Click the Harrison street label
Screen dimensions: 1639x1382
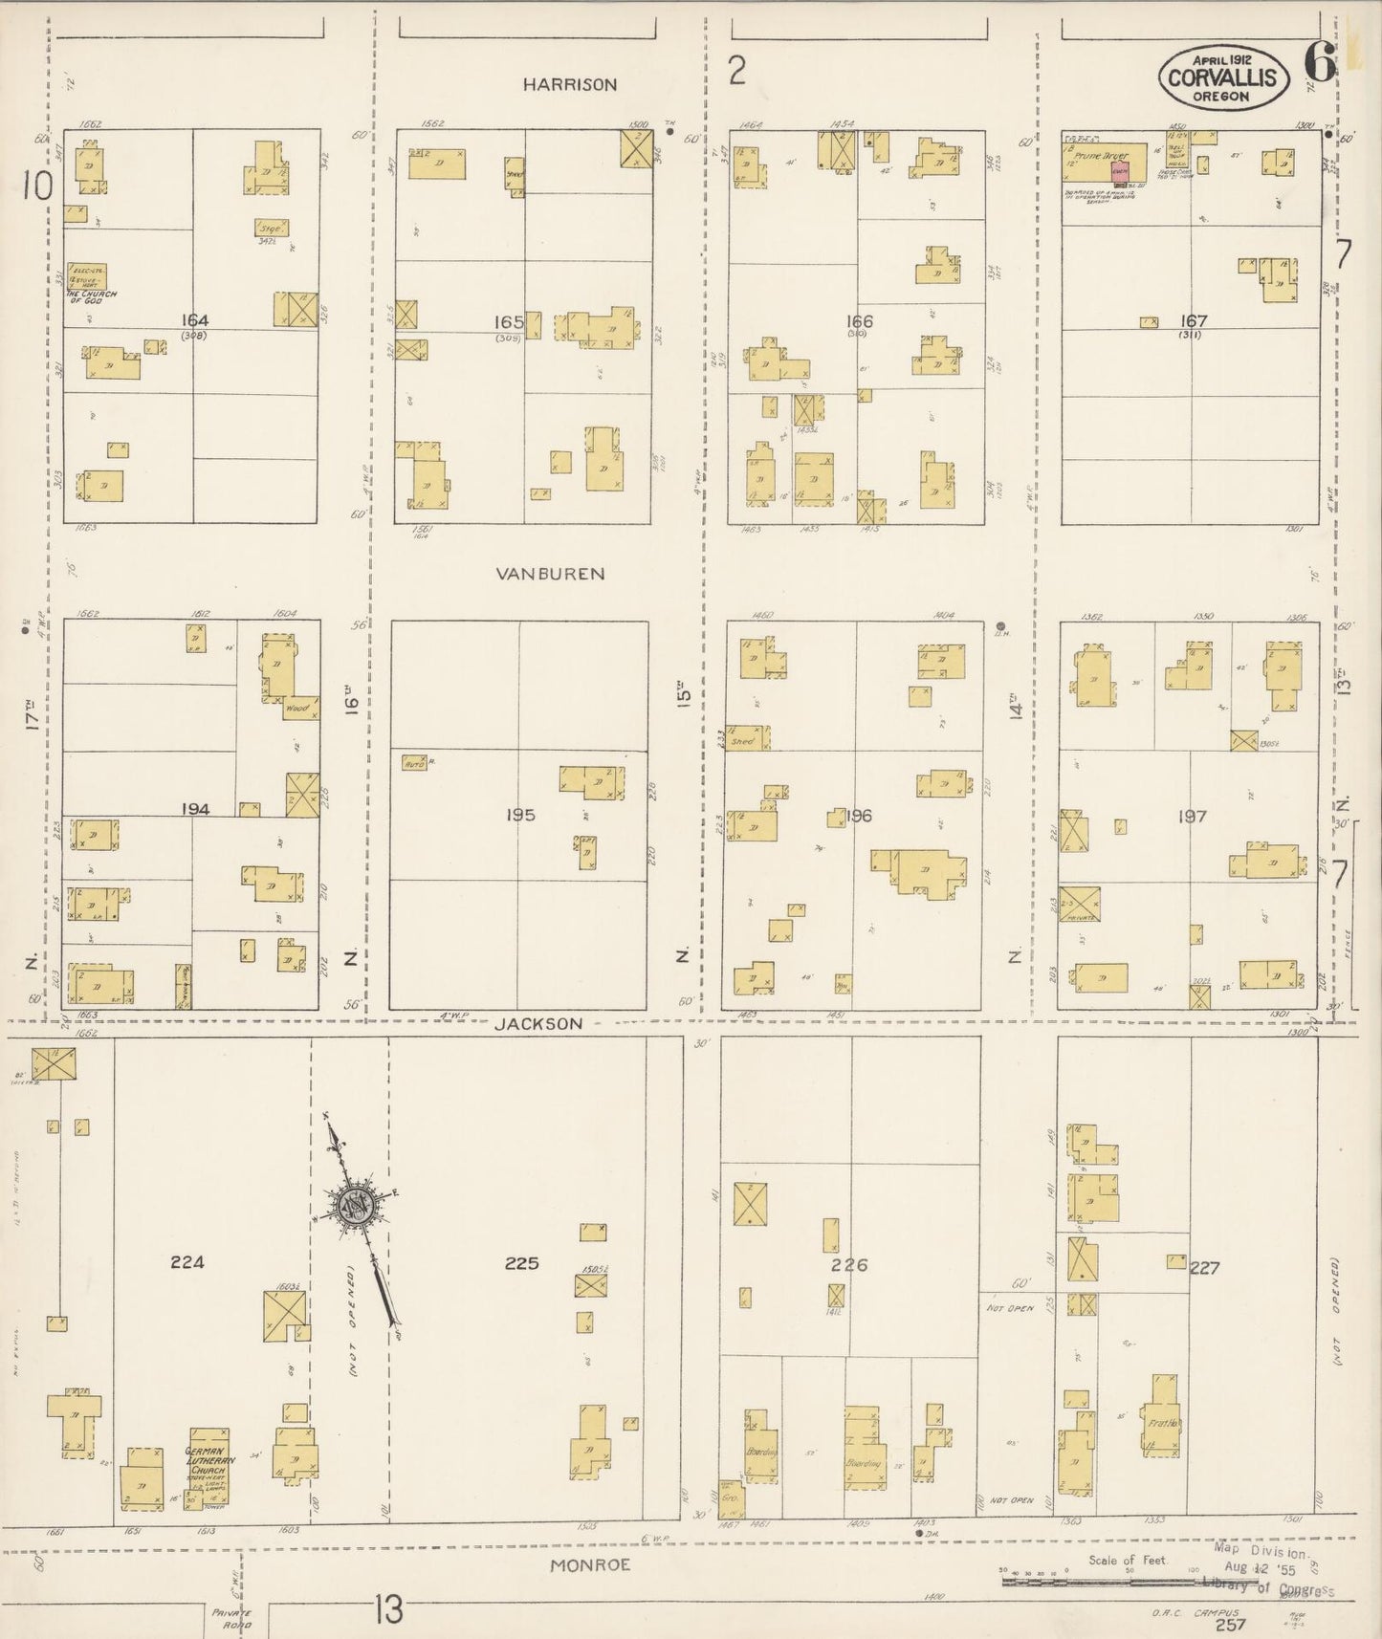coord(569,85)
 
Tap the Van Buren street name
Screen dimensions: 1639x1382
coord(550,574)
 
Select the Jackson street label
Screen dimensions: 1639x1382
coord(538,1023)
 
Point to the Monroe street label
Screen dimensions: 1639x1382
coord(590,1566)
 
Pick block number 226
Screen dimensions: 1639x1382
coord(848,1265)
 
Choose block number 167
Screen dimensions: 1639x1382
coord(1194,321)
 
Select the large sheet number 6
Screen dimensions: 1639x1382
coord(1319,63)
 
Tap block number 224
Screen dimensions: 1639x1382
coord(187,1262)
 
